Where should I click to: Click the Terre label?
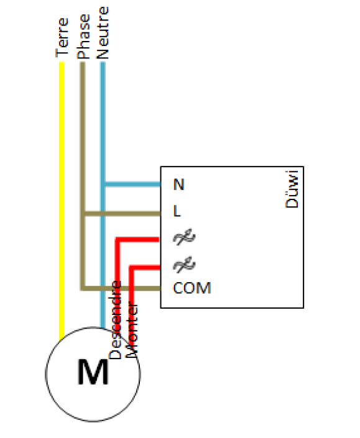(62, 37)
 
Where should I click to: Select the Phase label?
(83, 37)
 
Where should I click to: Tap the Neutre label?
(103, 33)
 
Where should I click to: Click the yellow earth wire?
(62, 201)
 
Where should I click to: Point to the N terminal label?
(179, 185)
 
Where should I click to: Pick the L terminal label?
(177, 211)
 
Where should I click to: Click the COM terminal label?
(192, 288)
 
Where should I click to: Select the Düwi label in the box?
(292, 189)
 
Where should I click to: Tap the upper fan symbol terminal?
(184, 237)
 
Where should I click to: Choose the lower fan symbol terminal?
(184, 265)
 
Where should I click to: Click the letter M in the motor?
(93, 372)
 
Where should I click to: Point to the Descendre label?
(115, 320)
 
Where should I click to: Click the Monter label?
(132, 330)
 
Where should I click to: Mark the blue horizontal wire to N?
(132, 185)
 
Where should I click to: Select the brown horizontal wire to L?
(122, 214)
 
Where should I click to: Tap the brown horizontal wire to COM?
(122, 288)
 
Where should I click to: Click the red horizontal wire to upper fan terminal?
(137, 239)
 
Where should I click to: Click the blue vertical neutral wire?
(103, 195)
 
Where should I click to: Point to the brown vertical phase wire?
(83, 176)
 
